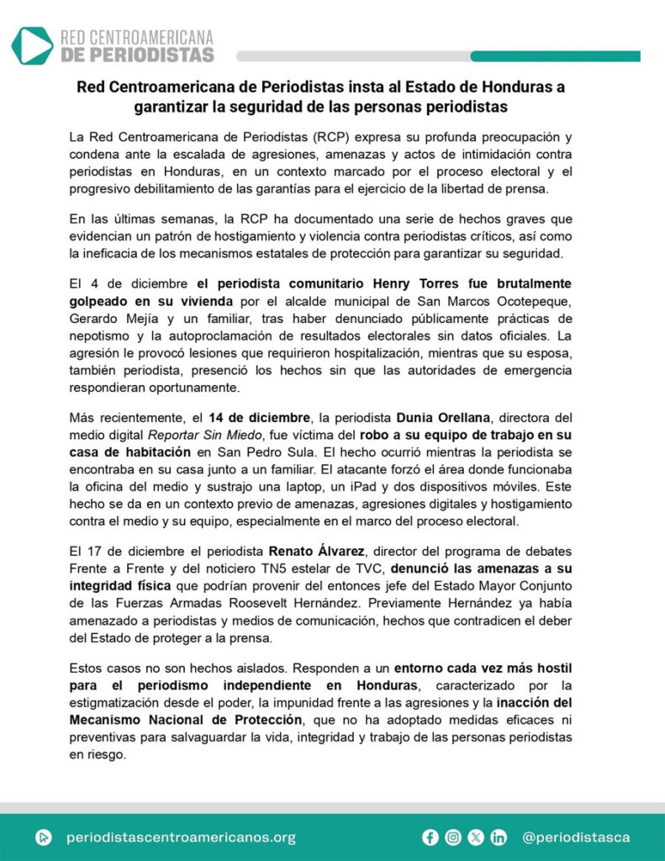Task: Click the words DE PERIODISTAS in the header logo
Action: point(138,55)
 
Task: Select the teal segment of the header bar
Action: point(555,56)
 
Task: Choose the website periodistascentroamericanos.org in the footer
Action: point(180,837)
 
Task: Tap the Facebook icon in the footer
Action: point(430,837)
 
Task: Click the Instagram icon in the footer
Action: point(454,837)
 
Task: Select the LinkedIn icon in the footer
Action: point(499,837)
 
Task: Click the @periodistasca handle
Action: point(576,837)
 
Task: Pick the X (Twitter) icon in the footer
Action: point(476,837)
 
